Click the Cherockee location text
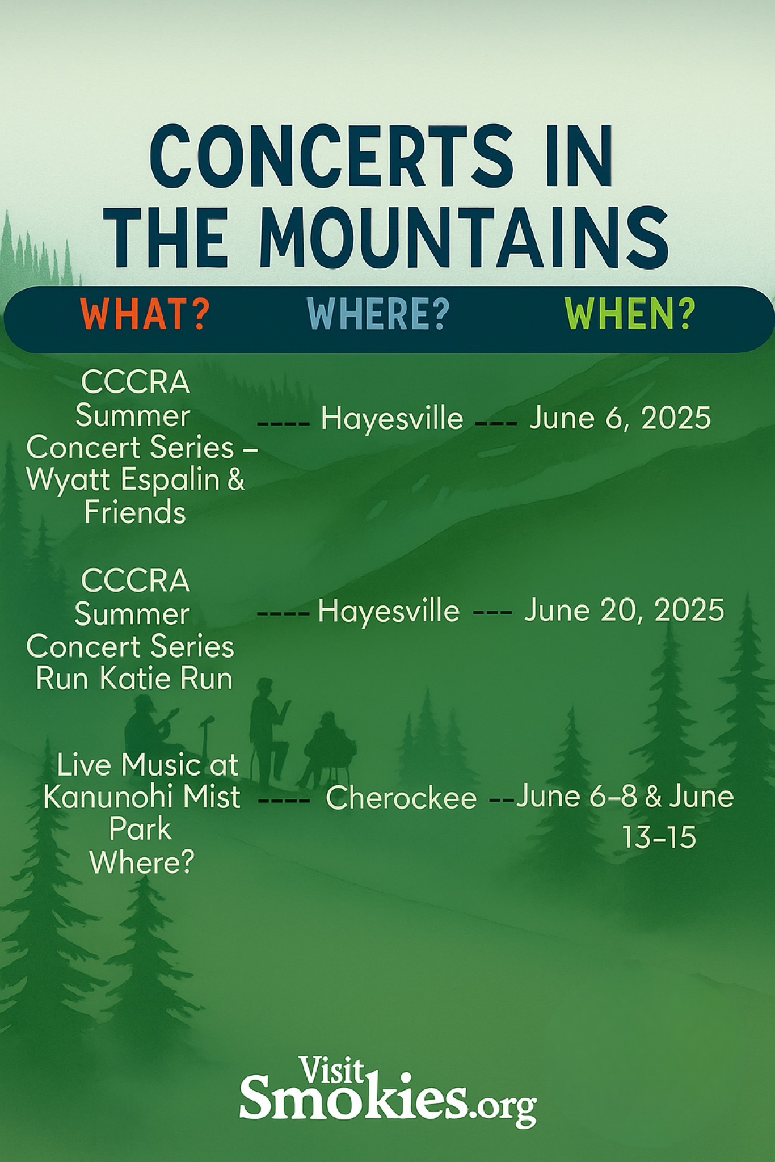tap(401, 798)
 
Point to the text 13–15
tap(659, 837)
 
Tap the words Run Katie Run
tap(134, 679)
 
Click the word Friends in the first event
tap(135, 512)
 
